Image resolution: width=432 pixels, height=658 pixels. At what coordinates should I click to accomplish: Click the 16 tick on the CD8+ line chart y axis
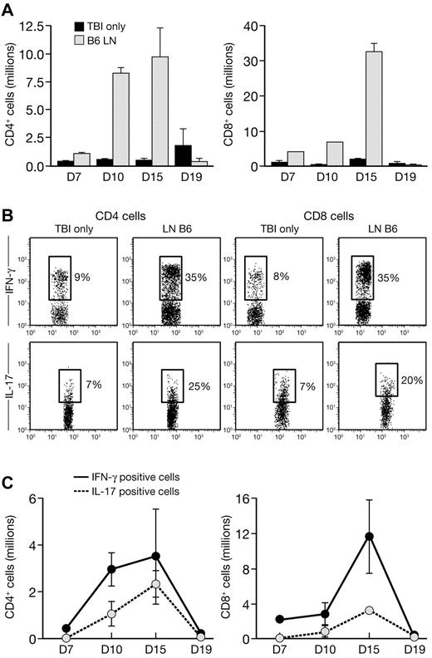pos(253,499)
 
